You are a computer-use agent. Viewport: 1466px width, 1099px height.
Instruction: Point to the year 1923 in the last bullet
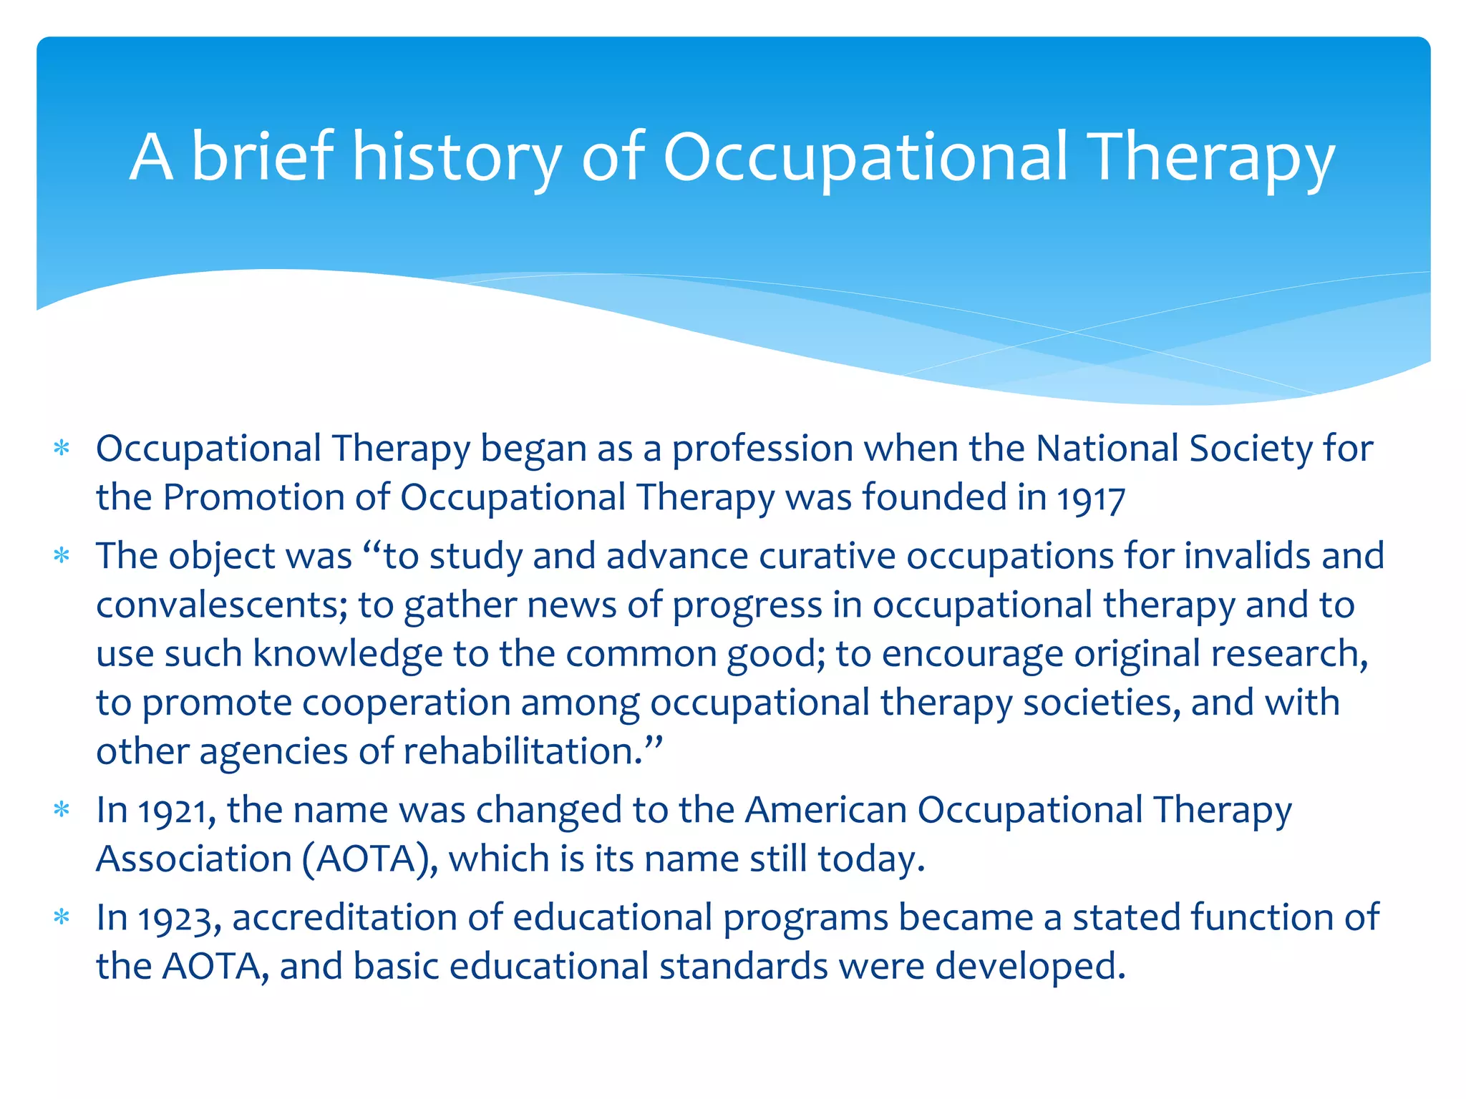coord(179,919)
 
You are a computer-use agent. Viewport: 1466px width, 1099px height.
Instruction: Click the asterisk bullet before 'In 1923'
coord(62,918)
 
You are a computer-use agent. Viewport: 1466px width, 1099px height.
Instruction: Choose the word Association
coord(193,859)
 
